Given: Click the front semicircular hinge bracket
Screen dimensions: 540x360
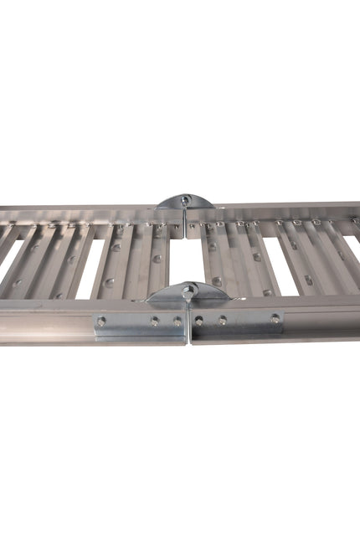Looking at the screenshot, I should (x=189, y=294).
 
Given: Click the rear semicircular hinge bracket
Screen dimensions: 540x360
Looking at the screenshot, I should (x=186, y=202).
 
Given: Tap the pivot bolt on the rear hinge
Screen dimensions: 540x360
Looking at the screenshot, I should (x=187, y=199).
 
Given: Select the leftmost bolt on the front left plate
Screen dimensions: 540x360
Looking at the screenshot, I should (x=101, y=321).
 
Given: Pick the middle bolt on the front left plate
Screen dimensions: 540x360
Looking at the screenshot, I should (x=155, y=321).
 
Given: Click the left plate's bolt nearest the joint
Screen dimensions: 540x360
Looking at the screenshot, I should (x=177, y=321).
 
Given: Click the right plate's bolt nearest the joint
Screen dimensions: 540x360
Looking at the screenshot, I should (x=199, y=320).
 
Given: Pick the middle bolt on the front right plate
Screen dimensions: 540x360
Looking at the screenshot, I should (x=223, y=320).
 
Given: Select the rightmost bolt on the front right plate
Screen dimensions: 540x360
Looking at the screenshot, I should (x=274, y=318).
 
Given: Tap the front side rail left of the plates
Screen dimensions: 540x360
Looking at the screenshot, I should (x=46, y=322).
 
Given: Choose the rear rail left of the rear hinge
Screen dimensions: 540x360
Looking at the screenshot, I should (x=84, y=213).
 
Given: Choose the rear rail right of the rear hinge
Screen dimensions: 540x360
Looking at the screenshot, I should (x=276, y=209).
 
